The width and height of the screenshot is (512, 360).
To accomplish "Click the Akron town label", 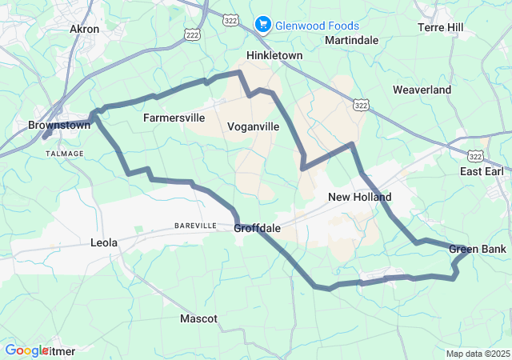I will coord(85,29).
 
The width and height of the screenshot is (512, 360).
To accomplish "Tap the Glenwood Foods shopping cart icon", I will coord(262,25).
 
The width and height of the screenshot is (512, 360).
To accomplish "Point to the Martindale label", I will coord(351,40).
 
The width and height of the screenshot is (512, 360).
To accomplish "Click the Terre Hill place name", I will coord(441,27).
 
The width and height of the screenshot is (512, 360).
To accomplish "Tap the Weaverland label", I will coord(422,90).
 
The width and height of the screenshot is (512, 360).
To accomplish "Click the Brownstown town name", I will coord(58,126).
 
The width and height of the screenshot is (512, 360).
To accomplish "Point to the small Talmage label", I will coord(58,138).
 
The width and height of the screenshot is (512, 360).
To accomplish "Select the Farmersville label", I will coord(174,118).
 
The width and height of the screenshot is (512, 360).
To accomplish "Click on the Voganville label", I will coord(253,126).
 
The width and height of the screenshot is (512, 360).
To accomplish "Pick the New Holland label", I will coord(360,197).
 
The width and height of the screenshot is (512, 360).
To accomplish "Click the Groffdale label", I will coord(258,228).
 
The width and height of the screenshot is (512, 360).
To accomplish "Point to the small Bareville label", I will coord(196,226).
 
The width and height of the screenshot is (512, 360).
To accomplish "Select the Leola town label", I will coord(104,242).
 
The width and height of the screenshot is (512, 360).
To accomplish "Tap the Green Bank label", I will coord(478,250).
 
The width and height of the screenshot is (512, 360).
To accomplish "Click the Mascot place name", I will coord(198,318).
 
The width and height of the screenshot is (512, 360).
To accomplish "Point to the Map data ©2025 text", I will coord(478,354).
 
